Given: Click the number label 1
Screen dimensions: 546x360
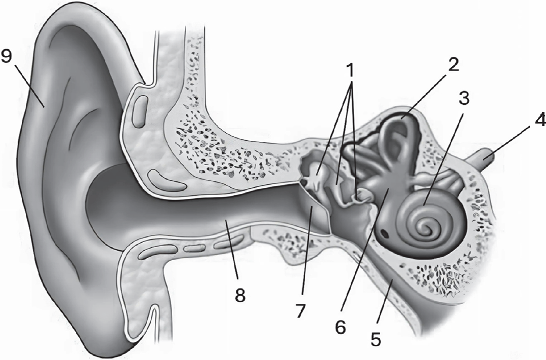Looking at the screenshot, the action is coord(350,71).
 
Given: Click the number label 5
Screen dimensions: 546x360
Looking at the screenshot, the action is coord(376,338).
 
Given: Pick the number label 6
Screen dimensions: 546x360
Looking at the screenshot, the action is coord(340,327).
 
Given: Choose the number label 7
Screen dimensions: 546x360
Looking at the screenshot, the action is coord(300,310).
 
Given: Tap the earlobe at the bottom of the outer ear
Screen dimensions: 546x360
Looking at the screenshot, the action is coord(104,324).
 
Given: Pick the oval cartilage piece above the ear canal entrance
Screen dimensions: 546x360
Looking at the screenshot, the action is coord(140,111).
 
